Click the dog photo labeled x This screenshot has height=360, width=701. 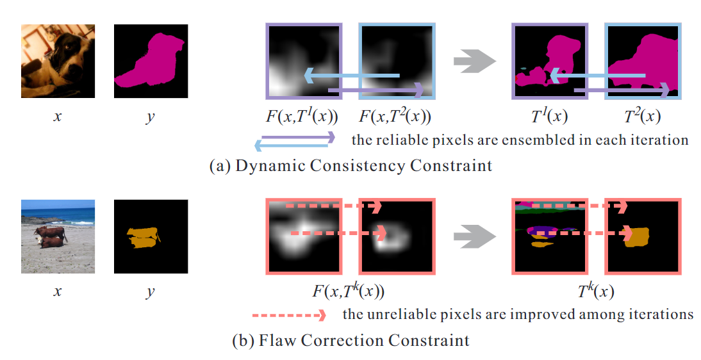(x=58, y=61)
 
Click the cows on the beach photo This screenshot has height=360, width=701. (x=58, y=236)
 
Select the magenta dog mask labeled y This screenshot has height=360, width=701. (x=151, y=61)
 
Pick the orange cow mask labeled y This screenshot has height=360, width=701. (x=151, y=236)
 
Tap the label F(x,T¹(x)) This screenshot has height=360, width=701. (x=301, y=117)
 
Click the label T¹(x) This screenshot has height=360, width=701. (x=549, y=117)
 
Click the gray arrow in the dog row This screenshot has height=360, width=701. (x=475, y=61)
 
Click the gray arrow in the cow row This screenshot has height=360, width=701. (x=475, y=236)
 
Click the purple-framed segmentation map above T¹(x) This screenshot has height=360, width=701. (x=549, y=61)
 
